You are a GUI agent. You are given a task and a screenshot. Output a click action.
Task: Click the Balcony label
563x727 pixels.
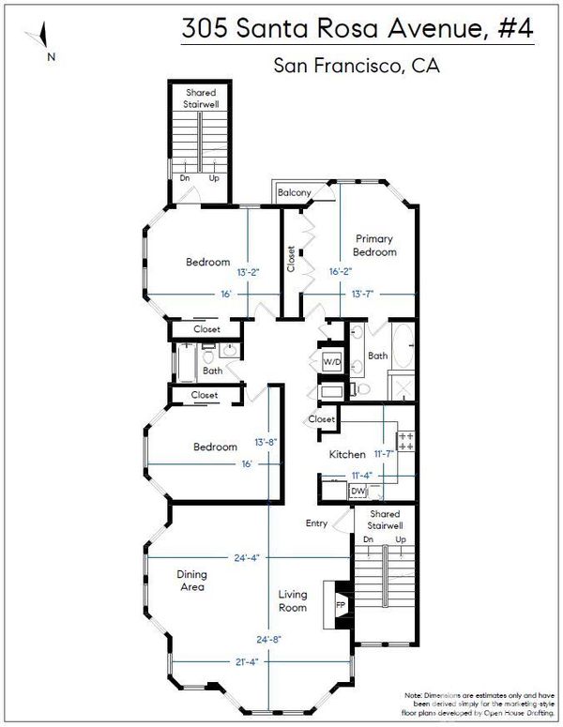point(294,192)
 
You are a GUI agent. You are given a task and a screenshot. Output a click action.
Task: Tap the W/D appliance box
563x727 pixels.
point(331,362)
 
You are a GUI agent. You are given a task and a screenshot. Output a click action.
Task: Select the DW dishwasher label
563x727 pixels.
point(358,491)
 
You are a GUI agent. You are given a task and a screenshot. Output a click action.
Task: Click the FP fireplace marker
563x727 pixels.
point(341,605)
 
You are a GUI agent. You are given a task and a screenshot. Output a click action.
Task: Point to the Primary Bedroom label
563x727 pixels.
point(374,245)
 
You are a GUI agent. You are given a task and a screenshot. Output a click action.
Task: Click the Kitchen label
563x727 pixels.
point(347,454)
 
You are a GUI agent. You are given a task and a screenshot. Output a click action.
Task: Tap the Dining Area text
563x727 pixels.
point(191,581)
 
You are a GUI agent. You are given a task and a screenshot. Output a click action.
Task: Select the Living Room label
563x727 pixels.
point(292,600)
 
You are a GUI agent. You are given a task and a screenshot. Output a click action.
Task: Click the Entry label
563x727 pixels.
point(316,523)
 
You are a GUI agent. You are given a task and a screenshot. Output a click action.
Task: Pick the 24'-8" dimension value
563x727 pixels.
point(269,640)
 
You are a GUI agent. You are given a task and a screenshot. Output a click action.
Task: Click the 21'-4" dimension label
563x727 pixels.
point(246,662)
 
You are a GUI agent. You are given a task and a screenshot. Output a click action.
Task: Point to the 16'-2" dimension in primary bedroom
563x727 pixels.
point(341,272)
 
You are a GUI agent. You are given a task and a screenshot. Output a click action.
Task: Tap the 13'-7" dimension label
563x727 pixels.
point(362,294)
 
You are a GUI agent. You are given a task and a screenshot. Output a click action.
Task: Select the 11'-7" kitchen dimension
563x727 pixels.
point(384,454)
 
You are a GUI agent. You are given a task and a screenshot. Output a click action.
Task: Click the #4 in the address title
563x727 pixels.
point(515,28)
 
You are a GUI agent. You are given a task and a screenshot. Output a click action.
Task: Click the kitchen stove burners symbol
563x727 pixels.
point(405,441)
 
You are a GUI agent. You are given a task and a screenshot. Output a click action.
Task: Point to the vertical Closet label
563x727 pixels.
point(291,259)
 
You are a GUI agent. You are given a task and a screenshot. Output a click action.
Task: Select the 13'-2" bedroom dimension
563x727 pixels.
point(248,272)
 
